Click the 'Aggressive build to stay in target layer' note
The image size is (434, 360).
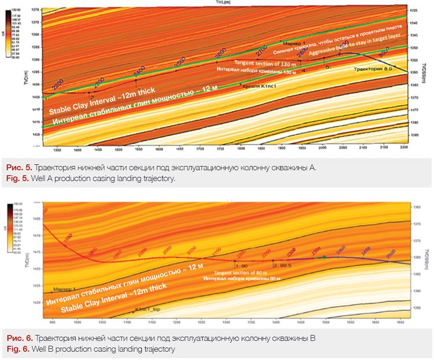(x=355, y=46)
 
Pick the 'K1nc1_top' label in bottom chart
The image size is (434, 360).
(x=148, y=310)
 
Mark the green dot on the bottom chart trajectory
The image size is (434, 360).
(x=325, y=256)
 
